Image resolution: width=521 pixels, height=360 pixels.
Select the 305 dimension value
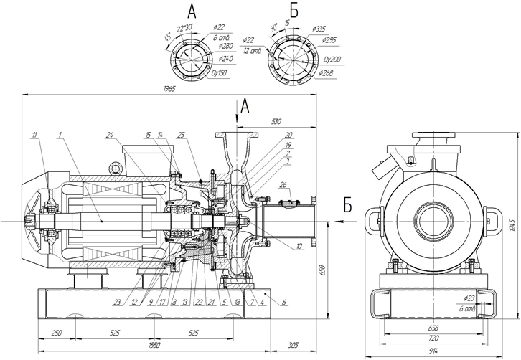click(x=292, y=346)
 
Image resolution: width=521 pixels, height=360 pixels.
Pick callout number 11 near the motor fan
click(x=33, y=134)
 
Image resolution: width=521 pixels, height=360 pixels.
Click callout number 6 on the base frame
click(x=283, y=303)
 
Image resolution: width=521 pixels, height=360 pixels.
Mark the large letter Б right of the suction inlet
click(x=347, y=207)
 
